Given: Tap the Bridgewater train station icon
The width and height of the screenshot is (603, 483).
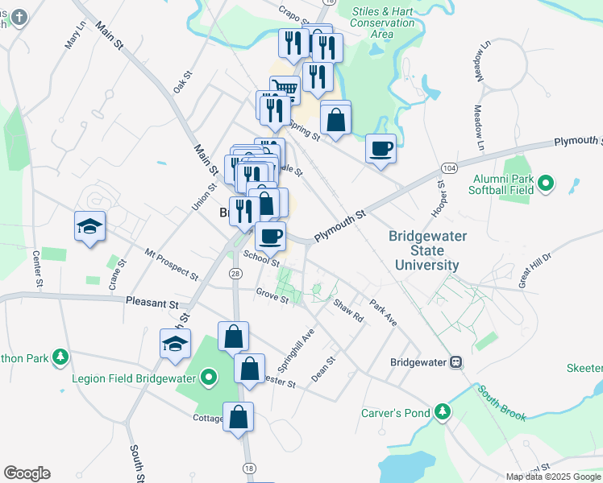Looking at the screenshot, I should click(x=455, y=362).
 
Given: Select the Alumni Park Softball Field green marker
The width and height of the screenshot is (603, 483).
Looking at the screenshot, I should click(x=546, y=184).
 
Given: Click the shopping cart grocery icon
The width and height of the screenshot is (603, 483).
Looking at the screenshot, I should click(x=284, y=88).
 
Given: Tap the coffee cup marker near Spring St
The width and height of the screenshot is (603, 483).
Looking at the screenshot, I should click(x=381, y=149).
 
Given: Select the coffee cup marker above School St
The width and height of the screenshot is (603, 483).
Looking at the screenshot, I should click(x=270, y=236).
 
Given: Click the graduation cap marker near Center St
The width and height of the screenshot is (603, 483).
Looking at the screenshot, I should click(x=89, y=226).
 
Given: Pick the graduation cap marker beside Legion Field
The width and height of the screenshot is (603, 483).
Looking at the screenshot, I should click(x=175, y=344).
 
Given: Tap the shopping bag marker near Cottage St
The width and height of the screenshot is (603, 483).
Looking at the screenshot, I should click(x=238, y=417).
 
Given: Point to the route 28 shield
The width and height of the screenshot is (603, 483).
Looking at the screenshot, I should click(x=235, y=275).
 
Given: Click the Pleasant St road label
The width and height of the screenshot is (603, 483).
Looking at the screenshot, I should click(x=152, y=303).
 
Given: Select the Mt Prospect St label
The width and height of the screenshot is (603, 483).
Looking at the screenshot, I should click(x=171, y=264).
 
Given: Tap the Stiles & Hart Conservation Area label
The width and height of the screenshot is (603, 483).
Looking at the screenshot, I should click(x=383, y=23).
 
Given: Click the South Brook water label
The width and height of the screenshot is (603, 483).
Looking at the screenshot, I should click(x=501, y=403).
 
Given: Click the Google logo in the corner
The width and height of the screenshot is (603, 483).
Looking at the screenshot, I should click(x=27, y=473).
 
